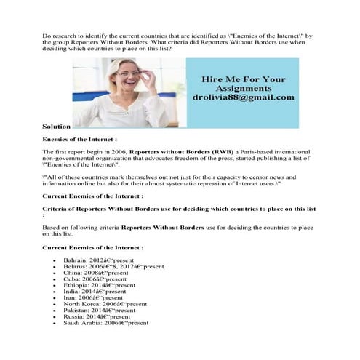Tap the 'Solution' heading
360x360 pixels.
[x=57, y=126]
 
